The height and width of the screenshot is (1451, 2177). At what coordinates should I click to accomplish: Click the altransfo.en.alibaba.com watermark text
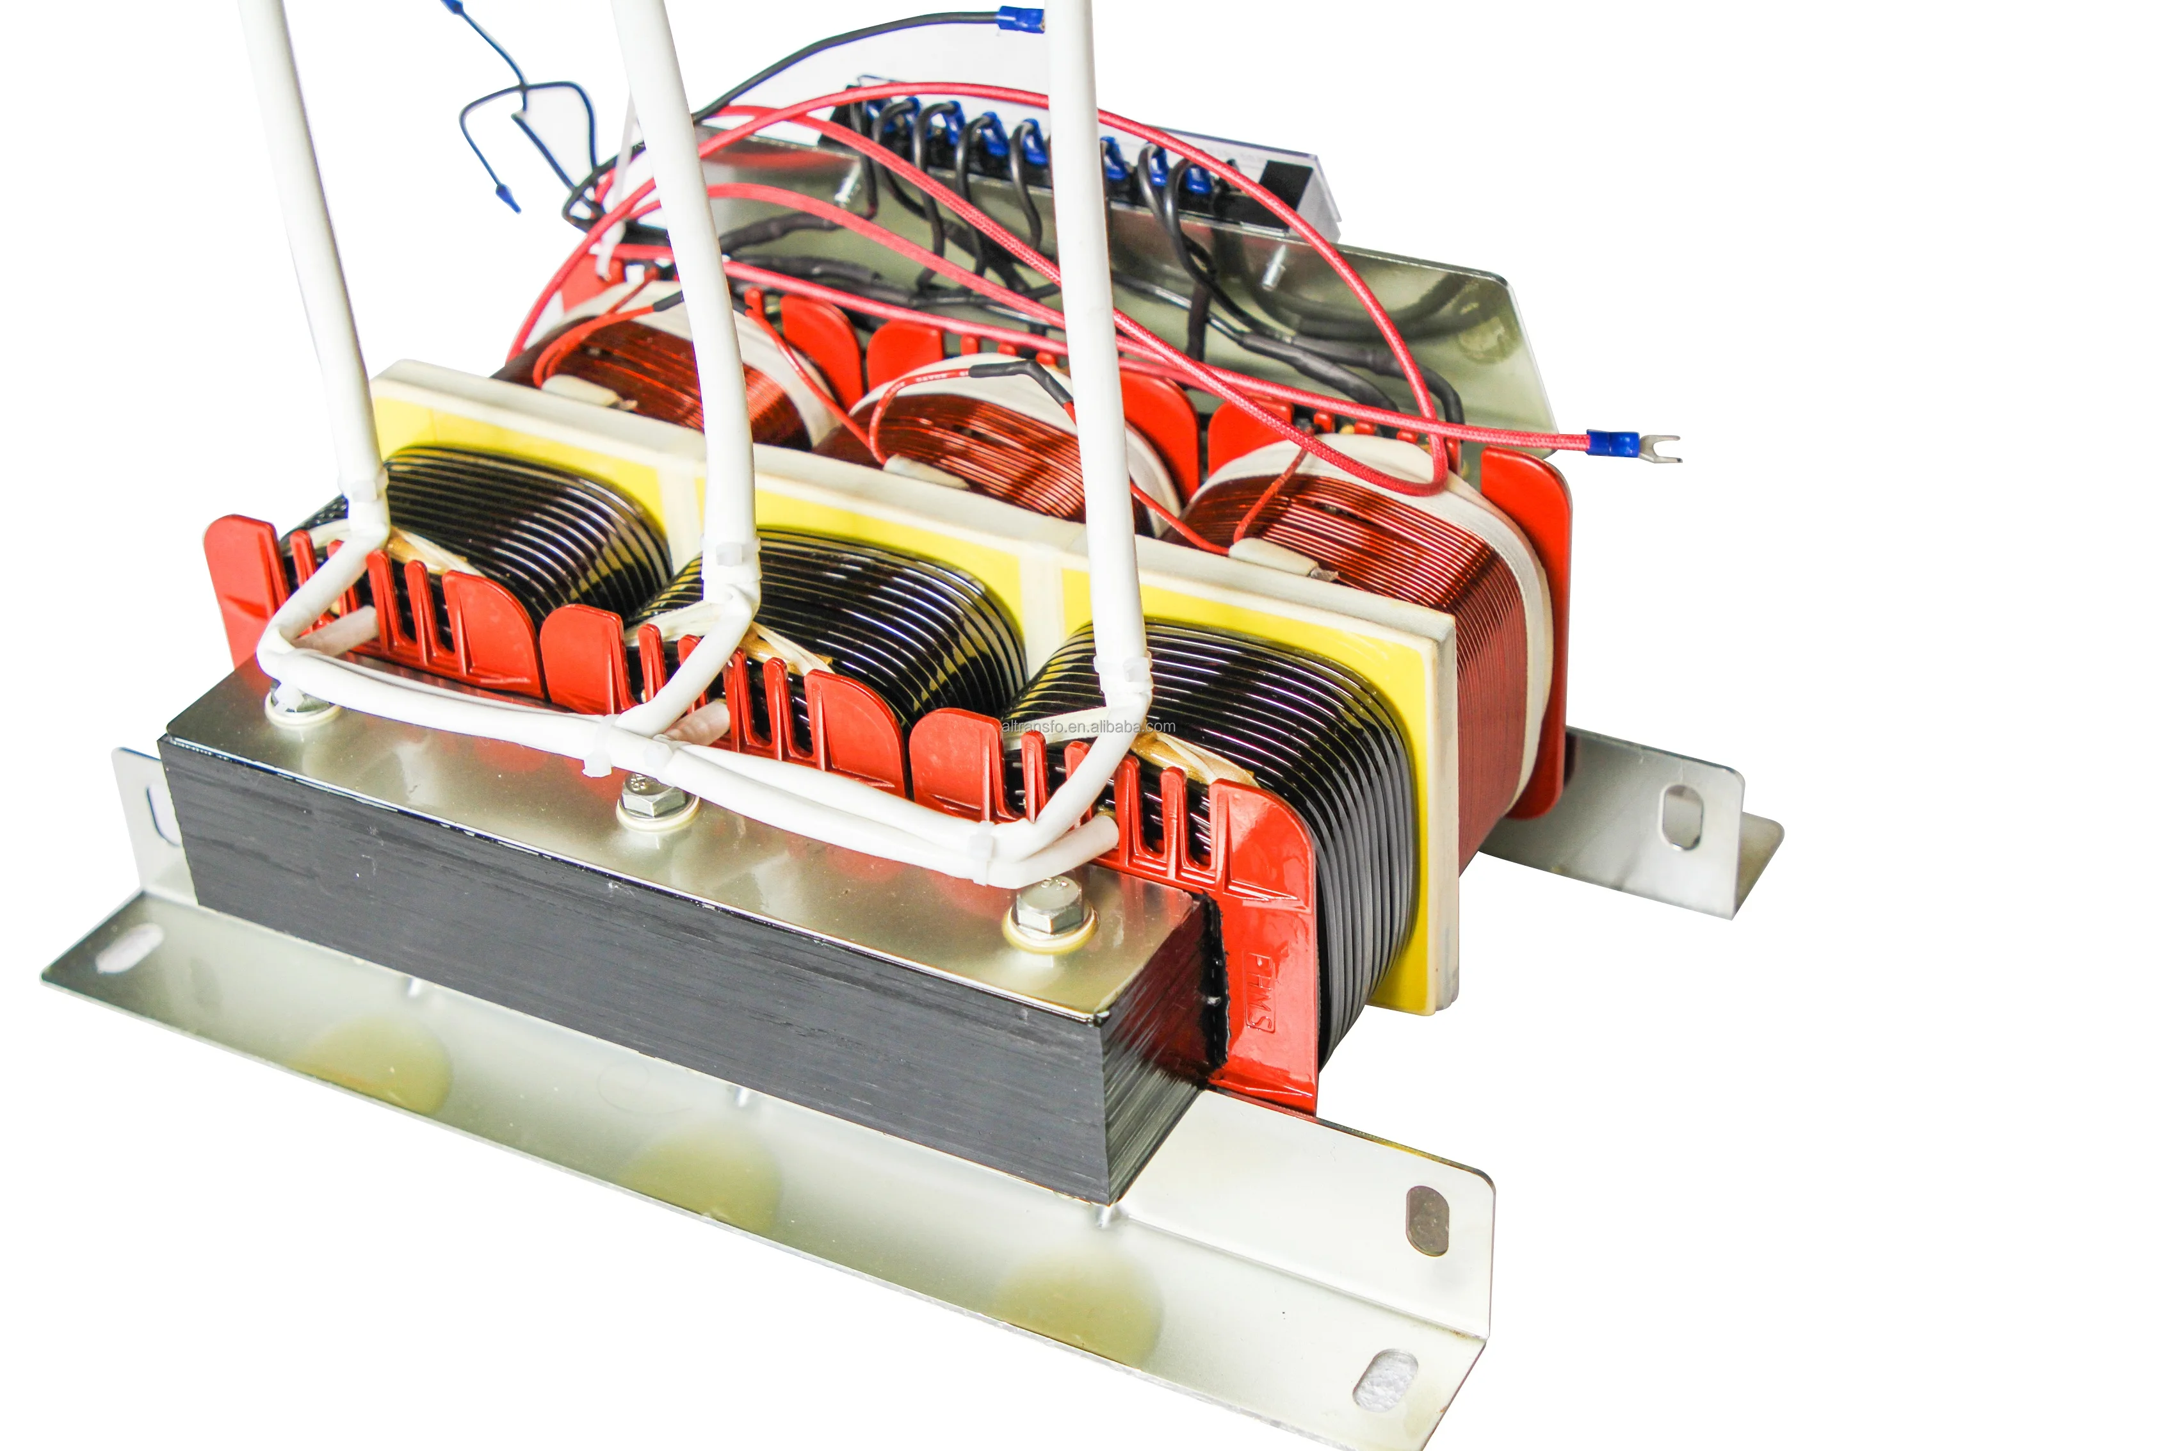(1088, 726)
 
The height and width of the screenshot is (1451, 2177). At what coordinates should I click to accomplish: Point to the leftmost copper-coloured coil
(666, 370)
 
